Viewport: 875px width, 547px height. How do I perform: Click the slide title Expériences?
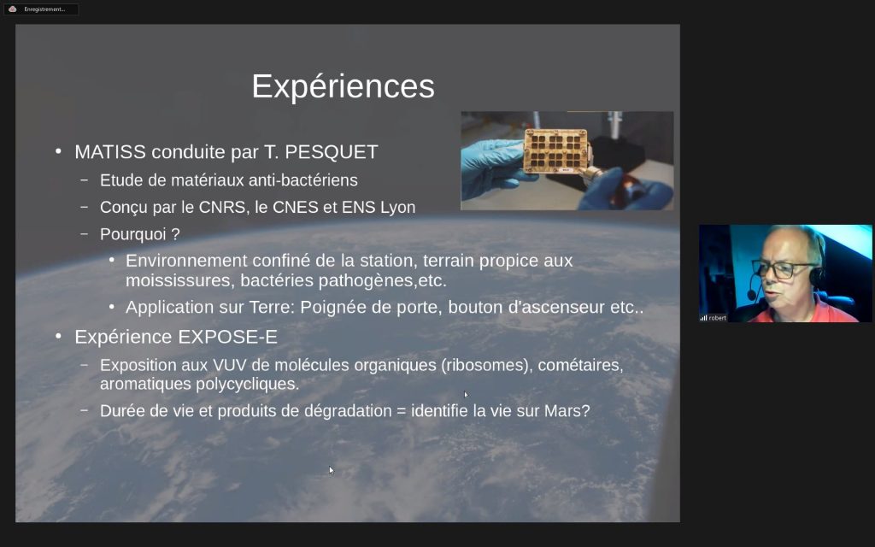(343, 86)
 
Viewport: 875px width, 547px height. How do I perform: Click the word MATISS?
(110, 152)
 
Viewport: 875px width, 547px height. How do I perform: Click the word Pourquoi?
(132, 234)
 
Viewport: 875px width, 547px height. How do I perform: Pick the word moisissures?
(179, 280)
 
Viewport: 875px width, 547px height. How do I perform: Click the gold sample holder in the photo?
(556, 150)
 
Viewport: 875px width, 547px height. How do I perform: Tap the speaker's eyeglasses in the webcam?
(786, 269)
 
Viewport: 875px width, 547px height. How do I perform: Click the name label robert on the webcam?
(718, 318)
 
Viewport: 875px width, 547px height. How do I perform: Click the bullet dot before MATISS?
(59, 151)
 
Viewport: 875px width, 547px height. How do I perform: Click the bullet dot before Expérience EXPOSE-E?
(59, 336)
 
